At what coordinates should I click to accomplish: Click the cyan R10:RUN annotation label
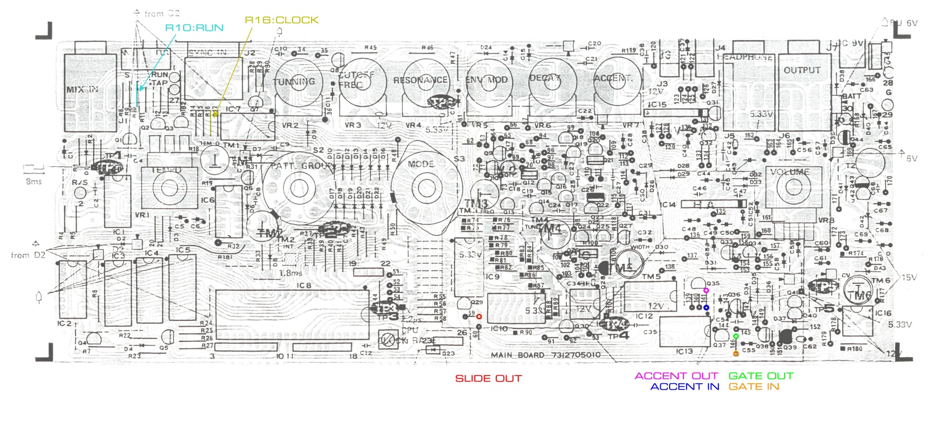[x=194, y=28]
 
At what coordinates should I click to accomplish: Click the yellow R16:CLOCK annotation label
[x=281, y=20]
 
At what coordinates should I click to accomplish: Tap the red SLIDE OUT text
[x=488, y=379]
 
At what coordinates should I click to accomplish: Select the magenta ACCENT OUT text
[x=677, y=376]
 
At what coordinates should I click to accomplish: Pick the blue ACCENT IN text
[x=685, y=387]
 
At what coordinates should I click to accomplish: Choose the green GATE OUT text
[x=761, y=376]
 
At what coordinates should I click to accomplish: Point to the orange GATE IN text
[x=754, y=387]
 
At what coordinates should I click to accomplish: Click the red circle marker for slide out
[x=479, y=317]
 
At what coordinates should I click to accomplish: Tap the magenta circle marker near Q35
[x=706, y=290]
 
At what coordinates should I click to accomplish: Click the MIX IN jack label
[x=82, y=90]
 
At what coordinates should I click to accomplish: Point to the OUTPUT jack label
[x=802, y=70]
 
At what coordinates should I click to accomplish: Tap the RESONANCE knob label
[x=420, y=80]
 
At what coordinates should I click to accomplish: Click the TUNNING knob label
[x=294, y=81]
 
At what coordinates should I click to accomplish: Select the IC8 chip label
[x=304, y=286]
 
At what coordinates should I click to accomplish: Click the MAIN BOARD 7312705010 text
[x=545, y=355]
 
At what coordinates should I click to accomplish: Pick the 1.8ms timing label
[x=291, y=273]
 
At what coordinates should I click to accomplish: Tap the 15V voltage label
[x=908, y=277]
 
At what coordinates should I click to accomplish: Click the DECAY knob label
[x=545, y=78]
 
